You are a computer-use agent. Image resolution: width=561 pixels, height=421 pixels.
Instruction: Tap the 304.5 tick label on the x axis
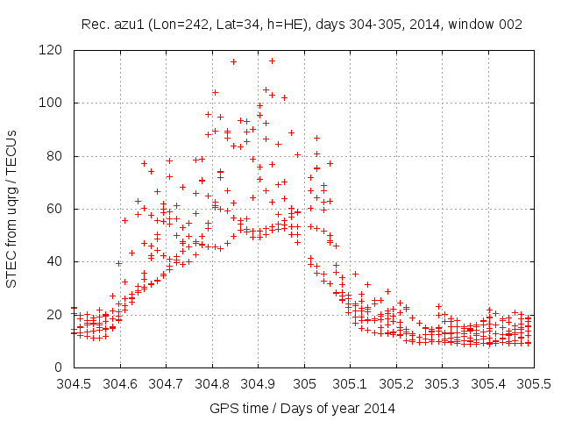point(74,384)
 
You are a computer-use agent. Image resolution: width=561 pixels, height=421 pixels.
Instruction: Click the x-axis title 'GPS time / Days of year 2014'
point(302,408)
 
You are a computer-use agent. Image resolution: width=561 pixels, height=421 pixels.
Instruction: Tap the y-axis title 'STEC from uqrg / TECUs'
point(12,208)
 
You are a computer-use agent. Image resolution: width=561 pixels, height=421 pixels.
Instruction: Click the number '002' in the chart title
point(510,25)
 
